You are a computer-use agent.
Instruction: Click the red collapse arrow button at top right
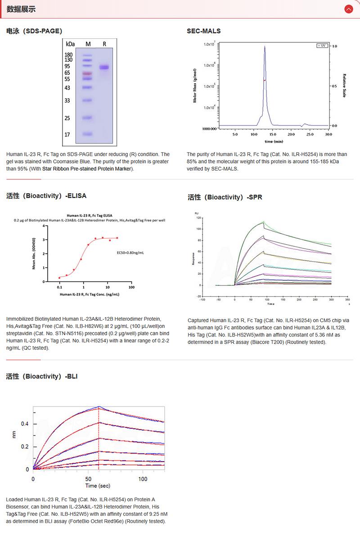pos(348,9)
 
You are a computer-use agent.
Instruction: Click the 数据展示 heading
pos(21,9)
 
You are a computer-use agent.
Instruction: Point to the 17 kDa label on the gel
pos(67,134)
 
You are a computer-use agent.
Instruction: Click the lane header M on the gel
pos(88,44)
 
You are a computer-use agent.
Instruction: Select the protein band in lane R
pos(104,68)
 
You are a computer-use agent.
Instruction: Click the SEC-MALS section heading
pos(204,31)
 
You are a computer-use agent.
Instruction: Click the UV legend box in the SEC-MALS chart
pos(322,46)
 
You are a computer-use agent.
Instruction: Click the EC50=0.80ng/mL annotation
pos(130,252)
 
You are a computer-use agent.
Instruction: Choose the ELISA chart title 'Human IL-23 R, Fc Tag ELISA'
pos(89,215)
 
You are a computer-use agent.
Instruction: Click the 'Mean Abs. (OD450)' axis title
pos(34,254)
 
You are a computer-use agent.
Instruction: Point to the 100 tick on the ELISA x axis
pos(131,287)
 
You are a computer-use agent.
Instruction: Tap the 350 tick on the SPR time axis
pos(347,299)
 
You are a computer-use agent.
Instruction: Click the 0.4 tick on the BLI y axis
pos(25,424)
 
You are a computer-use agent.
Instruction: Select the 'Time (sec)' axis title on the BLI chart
pos(98,486)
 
